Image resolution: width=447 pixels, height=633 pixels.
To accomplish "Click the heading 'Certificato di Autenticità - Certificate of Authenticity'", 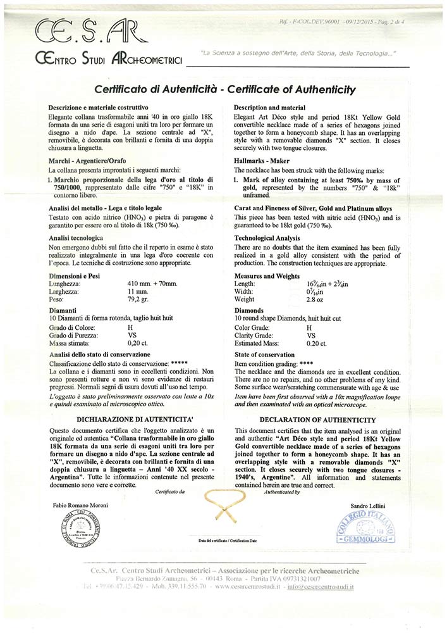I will click(224, 89).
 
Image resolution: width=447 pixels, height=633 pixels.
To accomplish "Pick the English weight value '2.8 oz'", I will click(315, 299).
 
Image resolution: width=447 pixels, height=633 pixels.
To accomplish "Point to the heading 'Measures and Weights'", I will click(266, 276).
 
